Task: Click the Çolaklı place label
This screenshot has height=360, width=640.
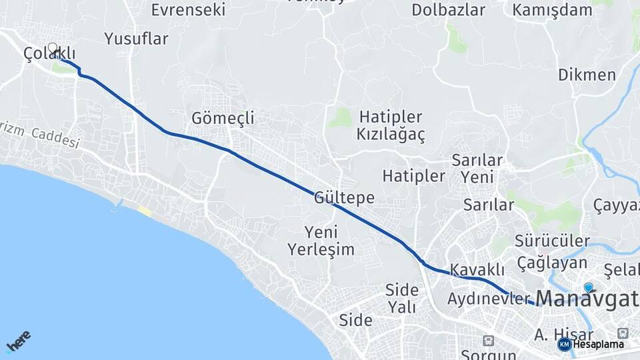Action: pyautogui.click(x=49, y=53)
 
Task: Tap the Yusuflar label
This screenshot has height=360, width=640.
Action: pyautogui.click(x=137, y=39)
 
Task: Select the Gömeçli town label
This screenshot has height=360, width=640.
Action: pyautogui.click(x=223, y=118)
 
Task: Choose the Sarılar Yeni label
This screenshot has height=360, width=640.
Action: pyautogui.click(x=477, y=169)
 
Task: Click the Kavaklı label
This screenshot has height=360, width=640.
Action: pyautogui.click(x=477, y=270)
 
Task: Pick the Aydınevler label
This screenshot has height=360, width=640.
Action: pyautogui.click(x=489, y=298)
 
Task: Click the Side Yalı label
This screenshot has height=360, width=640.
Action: pyautogui.click(x=401, y=298)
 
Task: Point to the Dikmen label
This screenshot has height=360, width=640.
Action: pyautogui.click(x=587, y=74)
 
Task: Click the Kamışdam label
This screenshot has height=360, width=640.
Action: pyautogui.click(x=552, y=10)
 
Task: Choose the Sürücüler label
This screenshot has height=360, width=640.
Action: pyautogui.click(x=552, y=241)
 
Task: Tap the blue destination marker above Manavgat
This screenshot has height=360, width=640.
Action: pyautogui.click(x=588, y=287)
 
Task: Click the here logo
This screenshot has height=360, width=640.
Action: pyautogui.click(x=18, y=341)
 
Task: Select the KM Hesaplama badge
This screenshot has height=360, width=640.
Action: pyautogui.click(x=591, y=344)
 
